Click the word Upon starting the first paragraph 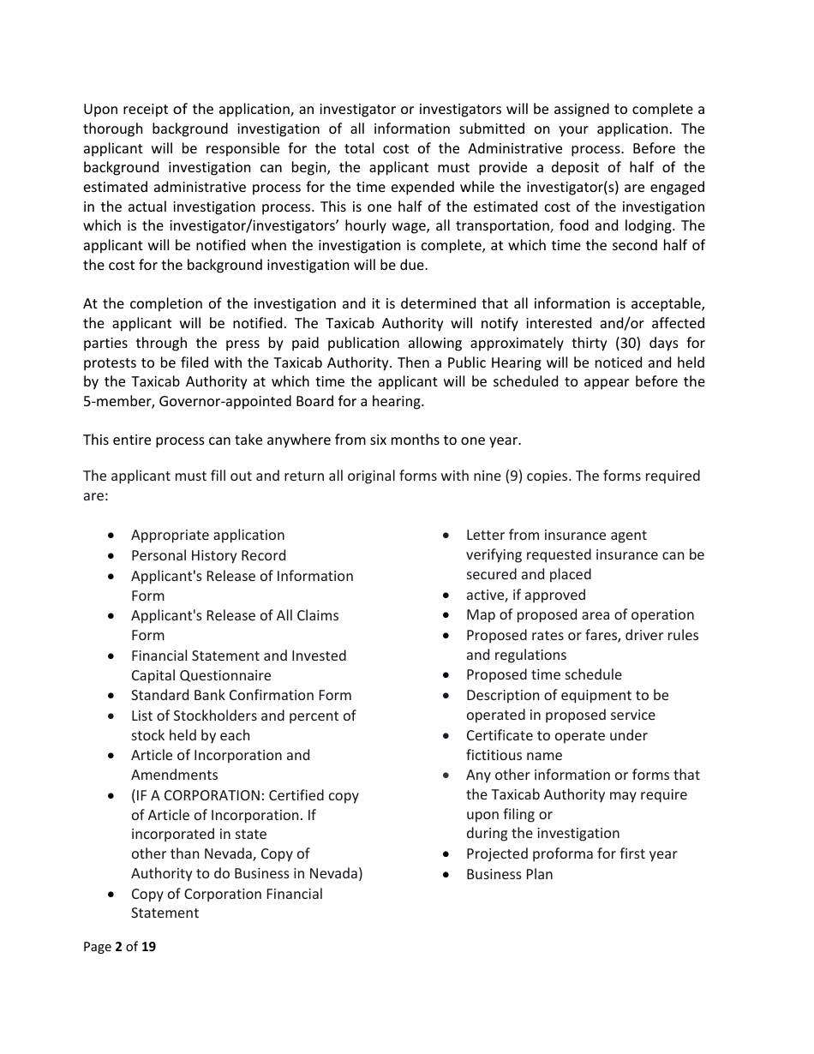pos(101,110)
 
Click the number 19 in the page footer pos(148,947)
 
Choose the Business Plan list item pos(509,874)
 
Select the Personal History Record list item pos(208,555)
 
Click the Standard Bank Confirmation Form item pos(241,695)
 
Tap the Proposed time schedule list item pos(543,674)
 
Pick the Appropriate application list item pos(207,535)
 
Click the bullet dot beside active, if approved pos(446,595)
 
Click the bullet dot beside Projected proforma pos(446,854)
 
